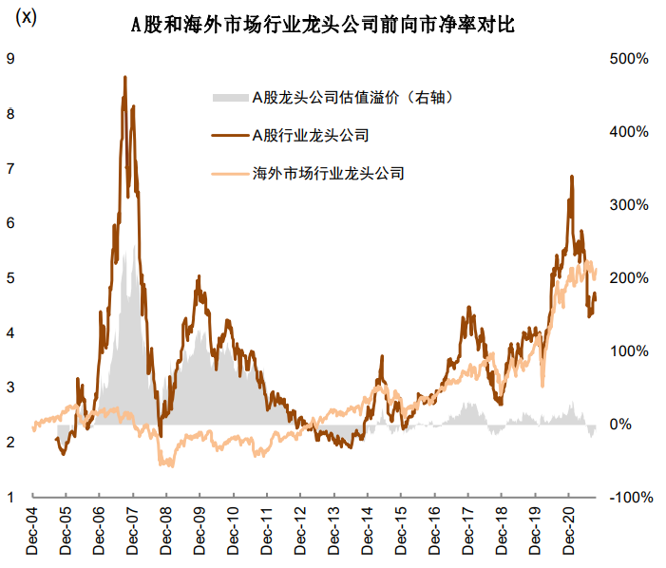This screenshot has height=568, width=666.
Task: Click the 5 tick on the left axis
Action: (x=10, y=278)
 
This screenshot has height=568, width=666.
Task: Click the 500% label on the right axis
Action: (x=628, y=59)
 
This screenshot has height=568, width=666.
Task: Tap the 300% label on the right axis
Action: (x=628, y=205)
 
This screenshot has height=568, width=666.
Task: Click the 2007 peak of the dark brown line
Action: (x=124, y=77)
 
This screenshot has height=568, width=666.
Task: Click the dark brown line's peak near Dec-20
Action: (x=571, y=177)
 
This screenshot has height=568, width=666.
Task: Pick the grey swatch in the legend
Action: (x=228, y=97)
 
